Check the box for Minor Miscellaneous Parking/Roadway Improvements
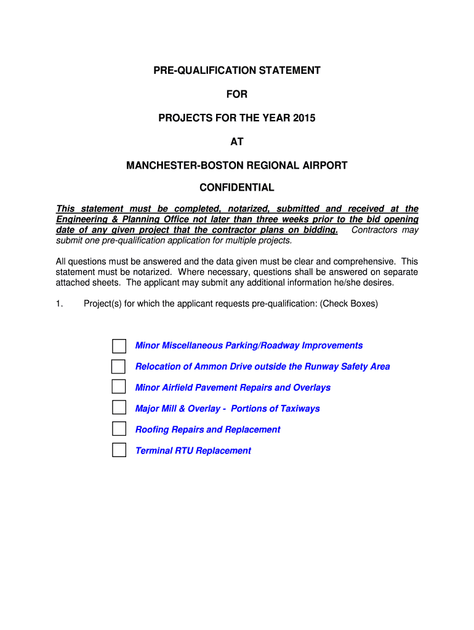click(119, 346)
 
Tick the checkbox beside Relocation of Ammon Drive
click(118, 367)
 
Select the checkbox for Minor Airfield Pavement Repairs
click(119, 387)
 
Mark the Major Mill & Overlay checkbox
click(119, 408)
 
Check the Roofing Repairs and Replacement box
click(119, 429)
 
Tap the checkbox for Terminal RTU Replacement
click(119, 450)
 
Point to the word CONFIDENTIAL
click(237, 188)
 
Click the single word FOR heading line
click(237, 94)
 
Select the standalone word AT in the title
click(237, 142)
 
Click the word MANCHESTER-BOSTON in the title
click(175, 165)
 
